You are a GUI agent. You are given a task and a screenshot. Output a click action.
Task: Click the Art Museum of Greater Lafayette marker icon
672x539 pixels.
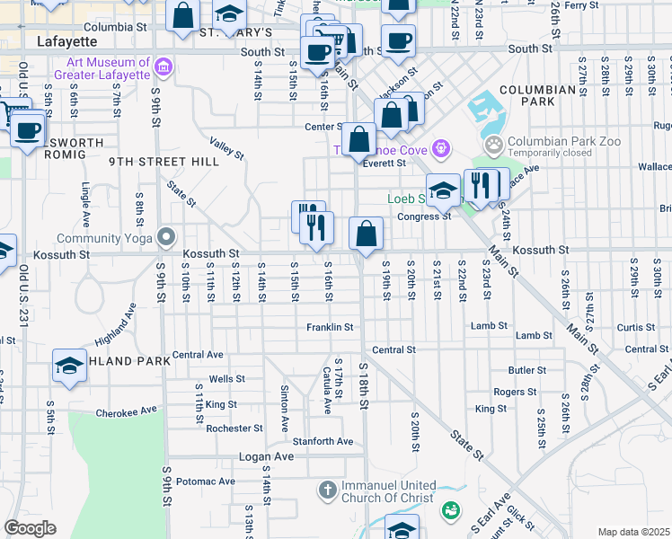pos(164,67)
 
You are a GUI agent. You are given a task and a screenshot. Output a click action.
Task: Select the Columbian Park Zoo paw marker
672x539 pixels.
pos(493,145)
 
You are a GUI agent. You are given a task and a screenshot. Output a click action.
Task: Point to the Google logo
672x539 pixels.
pos(30,528)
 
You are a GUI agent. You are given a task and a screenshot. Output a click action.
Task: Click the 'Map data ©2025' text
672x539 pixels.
pos(633,532)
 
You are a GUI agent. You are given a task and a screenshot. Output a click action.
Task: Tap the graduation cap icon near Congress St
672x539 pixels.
pos(442,190)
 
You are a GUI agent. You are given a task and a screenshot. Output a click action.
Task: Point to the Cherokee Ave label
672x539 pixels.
pos(126,411)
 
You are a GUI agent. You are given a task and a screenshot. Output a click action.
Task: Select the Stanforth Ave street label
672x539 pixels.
pos(323,441)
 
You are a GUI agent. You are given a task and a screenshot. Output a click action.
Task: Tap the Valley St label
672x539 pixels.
pos(226,148)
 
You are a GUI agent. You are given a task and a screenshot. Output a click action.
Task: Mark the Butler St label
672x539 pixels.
pos(526,370)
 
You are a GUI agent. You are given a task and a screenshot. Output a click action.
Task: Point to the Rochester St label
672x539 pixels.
pos(234,429)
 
